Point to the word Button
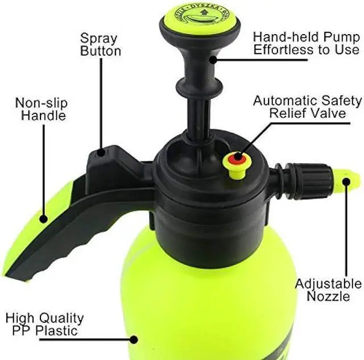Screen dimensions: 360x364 click(100, 51)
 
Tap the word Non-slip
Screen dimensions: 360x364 click(42, 104)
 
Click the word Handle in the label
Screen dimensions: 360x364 click(43, 115)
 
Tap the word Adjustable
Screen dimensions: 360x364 click(328, 284)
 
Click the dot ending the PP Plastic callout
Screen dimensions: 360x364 click(134, 340)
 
